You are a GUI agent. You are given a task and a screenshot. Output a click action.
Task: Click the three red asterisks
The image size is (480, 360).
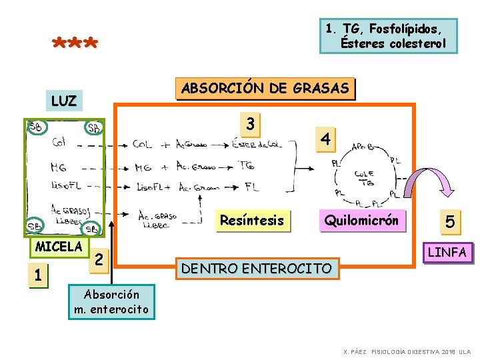(x=75, y=45)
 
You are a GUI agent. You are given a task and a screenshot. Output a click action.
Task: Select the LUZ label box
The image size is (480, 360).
(x=64, y=101)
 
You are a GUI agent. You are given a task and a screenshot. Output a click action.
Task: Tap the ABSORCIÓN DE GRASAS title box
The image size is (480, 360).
(x=265, y=89)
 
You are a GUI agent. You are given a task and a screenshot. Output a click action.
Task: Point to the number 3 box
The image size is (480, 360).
(x=249, y=124)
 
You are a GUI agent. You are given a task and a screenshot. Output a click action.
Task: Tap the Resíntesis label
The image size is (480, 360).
(x=251, y=221)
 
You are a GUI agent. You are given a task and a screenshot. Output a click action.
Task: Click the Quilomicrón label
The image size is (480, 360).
(x=361, y=221)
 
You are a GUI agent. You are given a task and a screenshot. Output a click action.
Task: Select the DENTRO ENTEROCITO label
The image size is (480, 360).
(x=257, y=269)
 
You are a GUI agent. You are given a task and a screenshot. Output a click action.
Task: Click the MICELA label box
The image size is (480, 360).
(x=59, y=247)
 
